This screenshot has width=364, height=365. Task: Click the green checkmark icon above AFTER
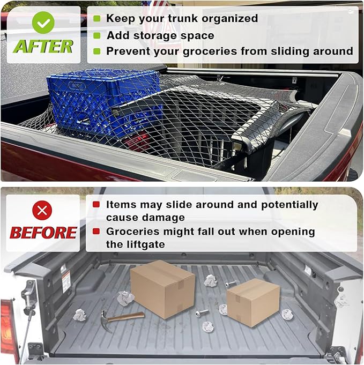(x=43, y=22)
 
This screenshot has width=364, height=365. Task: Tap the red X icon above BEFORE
(x=42, y=210)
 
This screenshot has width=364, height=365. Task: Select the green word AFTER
(x=43, y=47)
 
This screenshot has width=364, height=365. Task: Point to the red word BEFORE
(x=43, y=233)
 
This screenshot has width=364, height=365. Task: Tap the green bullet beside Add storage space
(x=96, y=35)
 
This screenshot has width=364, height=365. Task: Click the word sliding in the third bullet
(x=286, y=51)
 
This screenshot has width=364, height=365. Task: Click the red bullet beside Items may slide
(x=96, y=205)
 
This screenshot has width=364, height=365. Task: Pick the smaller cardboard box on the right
(x=252, y=302)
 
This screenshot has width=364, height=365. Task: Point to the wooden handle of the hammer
(x=128, y=316)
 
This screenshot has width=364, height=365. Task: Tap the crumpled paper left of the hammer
(x=79, y=315)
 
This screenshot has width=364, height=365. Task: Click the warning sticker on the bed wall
(x=66, y=281)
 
